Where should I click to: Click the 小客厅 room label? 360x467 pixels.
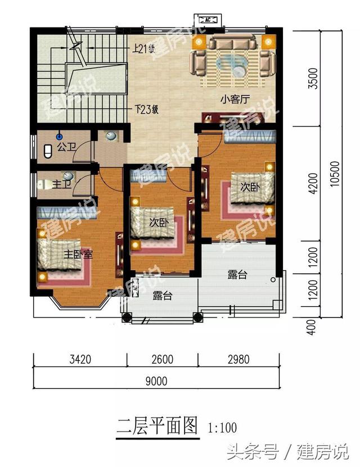tap(235, 99)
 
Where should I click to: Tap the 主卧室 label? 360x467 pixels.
tap(78, 254)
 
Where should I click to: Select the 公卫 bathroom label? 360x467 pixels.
tap(67, 147)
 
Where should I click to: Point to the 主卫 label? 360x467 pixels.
tap(62, 184)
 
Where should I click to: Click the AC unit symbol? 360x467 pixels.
tap(208, 20)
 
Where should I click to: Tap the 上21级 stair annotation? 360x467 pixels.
tap(144, 48)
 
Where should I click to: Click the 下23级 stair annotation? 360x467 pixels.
tap(146, 110)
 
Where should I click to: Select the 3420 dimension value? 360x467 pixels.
tap(80, 359)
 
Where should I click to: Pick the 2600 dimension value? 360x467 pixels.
tap(163, 359)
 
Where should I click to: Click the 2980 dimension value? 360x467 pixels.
tap(238, 359)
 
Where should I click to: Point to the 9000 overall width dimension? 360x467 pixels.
tap(156, 381)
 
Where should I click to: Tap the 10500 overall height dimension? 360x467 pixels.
tap(335, 174)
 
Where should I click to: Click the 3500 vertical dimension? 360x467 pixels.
tap(313, 78)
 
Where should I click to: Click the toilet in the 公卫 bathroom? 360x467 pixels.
tap(48, 151)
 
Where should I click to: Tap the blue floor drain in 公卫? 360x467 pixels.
tap(60, 137)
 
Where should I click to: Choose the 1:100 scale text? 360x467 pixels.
tap(222, 428)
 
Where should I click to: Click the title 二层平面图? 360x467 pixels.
tap(157, 426)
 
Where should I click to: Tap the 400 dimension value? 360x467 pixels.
tap(311, 327)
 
